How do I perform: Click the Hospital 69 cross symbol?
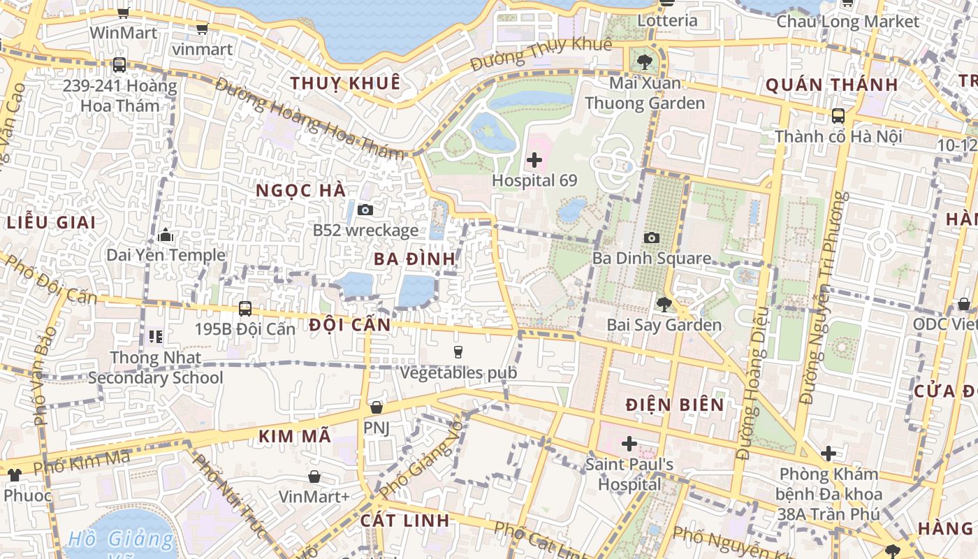534,160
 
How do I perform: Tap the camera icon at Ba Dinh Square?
651,238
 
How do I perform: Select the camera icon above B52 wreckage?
365,210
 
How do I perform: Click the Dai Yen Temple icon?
166,235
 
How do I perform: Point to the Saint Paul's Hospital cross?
629,444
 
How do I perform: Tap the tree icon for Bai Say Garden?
664,304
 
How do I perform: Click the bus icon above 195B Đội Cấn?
245,308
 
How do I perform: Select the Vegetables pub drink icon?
458,351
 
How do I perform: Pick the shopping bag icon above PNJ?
377,407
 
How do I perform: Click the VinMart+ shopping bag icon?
314,477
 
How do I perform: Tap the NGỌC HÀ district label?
300,191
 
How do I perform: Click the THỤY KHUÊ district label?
345,83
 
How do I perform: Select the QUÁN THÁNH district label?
831,85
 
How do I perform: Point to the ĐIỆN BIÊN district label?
674,405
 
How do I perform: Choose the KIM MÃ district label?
294,436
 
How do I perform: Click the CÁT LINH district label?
404,521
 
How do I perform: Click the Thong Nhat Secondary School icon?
155,337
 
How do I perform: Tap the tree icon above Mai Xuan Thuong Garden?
644,61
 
